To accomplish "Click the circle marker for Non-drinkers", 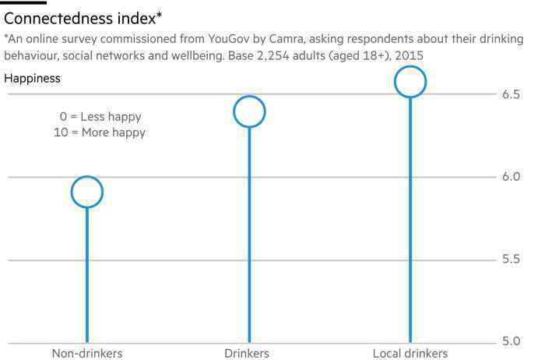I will [87, 192].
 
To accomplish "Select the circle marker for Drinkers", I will [249, 111].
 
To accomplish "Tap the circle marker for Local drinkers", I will [410, 81].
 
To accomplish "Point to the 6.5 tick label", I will [512, 94].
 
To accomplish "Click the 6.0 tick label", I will [512, 177].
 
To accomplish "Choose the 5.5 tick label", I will [512, 259].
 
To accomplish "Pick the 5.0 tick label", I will [512, 341].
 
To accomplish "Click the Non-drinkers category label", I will [87, 354].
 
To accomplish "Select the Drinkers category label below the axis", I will [246, 354].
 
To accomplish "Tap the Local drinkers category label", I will [410, 354].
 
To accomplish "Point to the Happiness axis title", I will [32, 78].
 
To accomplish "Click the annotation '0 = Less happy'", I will [100, 117].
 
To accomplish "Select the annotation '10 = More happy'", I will [95, 132].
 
